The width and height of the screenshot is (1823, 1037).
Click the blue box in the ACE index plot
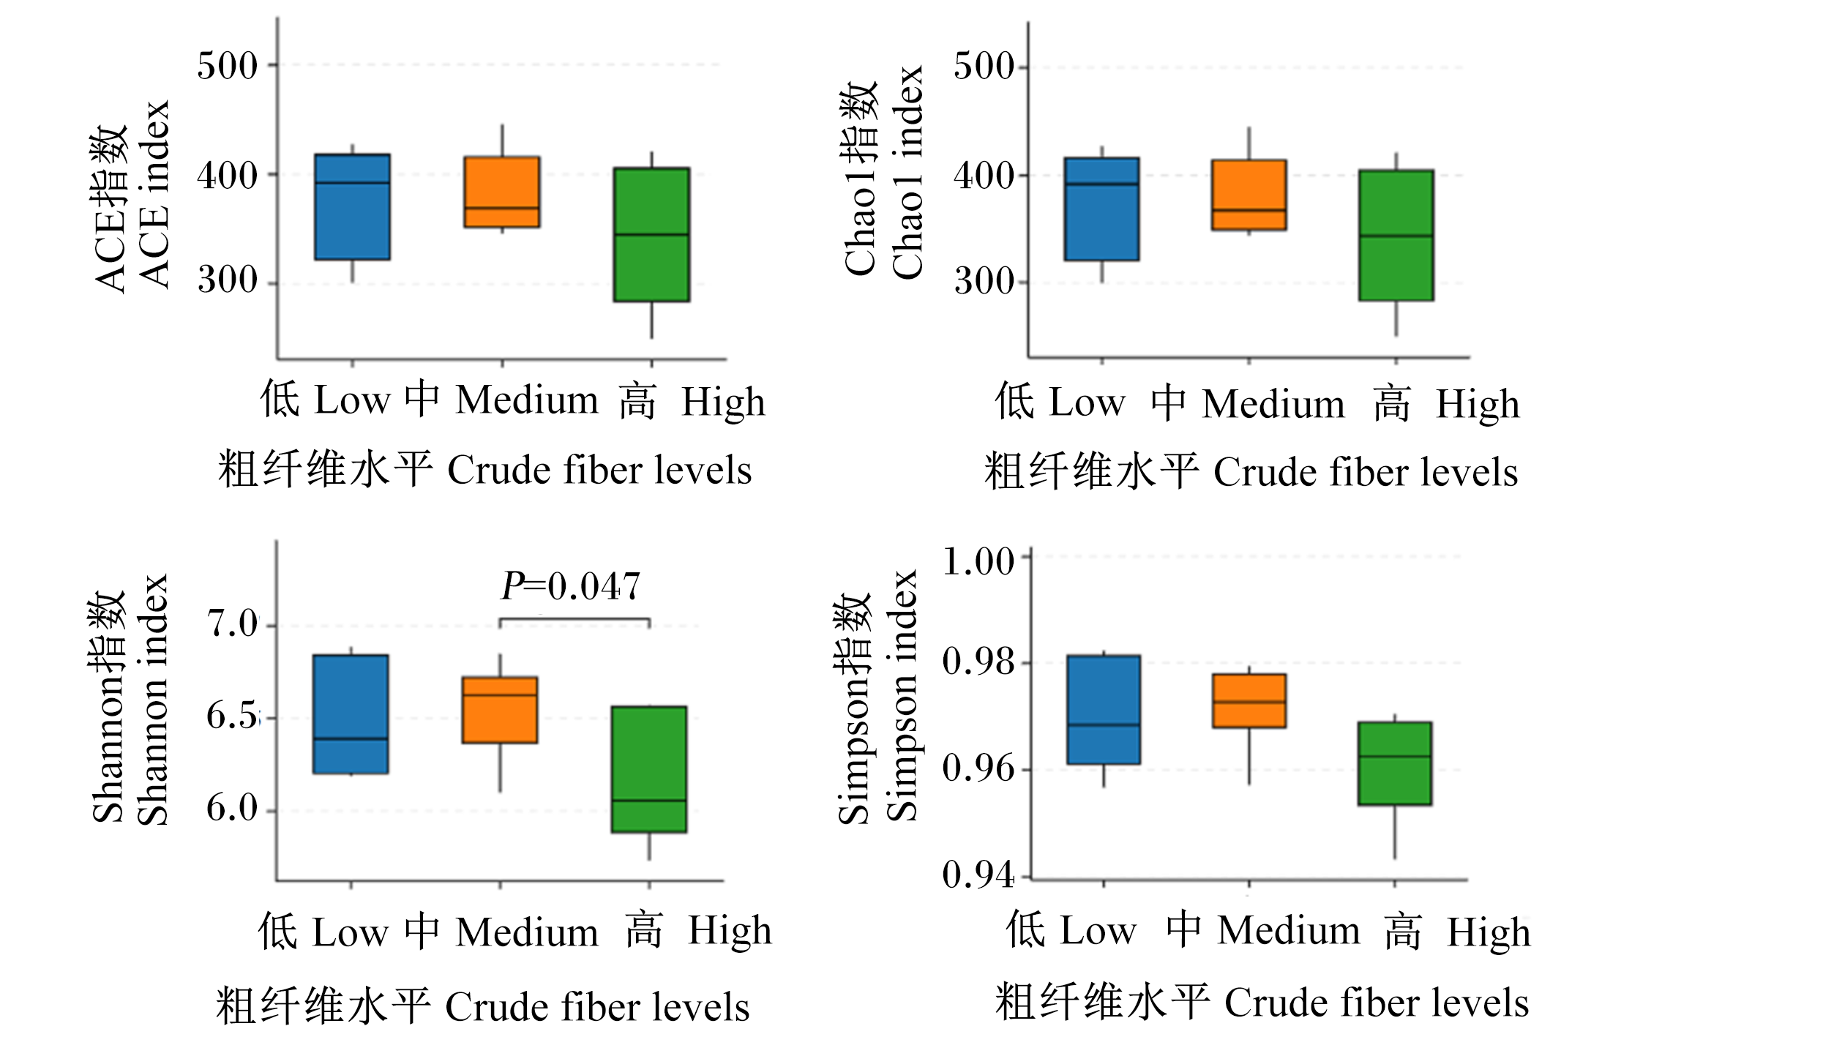[352, 207]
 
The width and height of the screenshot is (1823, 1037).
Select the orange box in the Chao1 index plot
[1249, 195]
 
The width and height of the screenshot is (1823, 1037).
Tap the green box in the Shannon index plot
[649, 769]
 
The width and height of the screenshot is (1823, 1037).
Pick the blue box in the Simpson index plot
[1104, 710]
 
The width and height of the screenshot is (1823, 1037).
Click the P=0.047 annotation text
[571, 587]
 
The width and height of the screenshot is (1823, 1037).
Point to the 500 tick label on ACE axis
[228, 66]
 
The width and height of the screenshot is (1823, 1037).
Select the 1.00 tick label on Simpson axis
[978, 562]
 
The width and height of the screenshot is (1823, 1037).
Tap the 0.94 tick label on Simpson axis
[978, 875]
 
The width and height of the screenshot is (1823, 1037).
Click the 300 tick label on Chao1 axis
[984, 282]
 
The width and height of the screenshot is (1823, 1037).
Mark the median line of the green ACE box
[651, 235]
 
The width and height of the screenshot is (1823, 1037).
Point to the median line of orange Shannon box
[500, 695]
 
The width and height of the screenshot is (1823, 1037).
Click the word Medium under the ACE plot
[527, 401]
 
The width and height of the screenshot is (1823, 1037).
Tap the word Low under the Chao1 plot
[1088, 403]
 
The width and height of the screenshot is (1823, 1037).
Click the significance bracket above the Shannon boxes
[574, 620]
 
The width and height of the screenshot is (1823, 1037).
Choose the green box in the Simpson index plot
[1395, 763]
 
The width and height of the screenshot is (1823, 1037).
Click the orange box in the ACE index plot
[502, 192]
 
